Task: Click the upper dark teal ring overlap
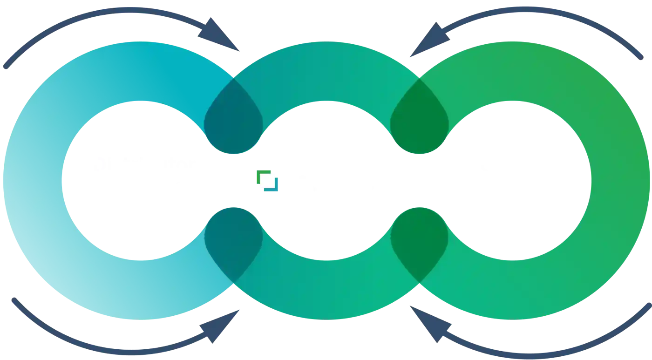tap(233, 117)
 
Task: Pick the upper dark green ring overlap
tap(419, 117)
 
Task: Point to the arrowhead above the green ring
tap(426, 37)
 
